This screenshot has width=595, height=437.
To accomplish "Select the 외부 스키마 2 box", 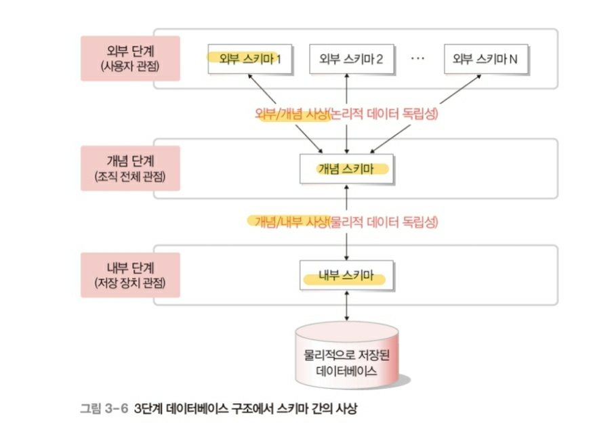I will (x=346, y=60).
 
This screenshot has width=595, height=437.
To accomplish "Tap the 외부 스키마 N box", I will (x=485, y=60).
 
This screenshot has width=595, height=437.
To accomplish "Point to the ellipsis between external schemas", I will (x=417, y=59).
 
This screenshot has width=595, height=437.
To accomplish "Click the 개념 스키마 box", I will (x=346, y=169).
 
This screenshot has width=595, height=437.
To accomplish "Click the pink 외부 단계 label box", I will (x=130, y=58).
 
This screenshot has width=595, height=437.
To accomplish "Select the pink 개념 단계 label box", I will (x=130, y=168).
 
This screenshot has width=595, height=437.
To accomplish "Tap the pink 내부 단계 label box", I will (x=130, y=274).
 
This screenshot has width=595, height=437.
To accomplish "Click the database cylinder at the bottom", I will (x=346, y=356).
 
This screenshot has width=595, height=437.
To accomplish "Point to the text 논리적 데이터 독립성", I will (x=385, y=114).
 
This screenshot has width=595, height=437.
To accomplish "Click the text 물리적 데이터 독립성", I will (x=384, y=222).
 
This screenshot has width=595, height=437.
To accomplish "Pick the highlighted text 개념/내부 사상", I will (x=291, y=222).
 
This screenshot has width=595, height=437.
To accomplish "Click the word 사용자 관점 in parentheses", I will (x=130, y=66).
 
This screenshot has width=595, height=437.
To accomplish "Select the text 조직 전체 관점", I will (x=130, y=177).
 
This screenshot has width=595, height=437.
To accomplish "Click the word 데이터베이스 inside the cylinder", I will (x=346, y=372).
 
